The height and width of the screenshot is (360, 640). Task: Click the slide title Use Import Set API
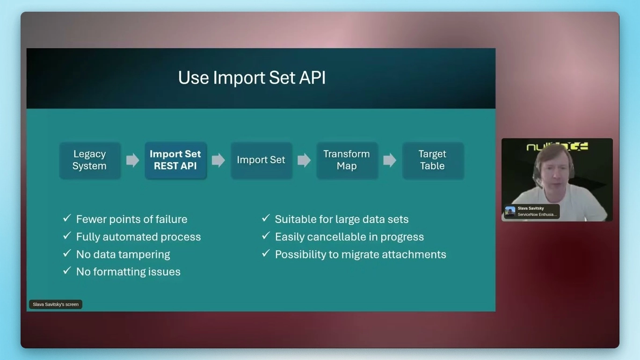[252, 78]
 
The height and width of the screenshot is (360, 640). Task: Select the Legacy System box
[89, 160]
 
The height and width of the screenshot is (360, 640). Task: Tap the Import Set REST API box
[175, 160]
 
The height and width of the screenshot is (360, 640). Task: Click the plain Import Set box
[261, 160]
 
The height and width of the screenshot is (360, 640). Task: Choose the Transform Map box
[347, 160]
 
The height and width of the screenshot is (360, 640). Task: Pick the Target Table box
[432, 160]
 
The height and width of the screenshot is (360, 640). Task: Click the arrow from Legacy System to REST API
[132, 160]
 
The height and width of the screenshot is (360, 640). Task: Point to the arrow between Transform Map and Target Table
[390, 160]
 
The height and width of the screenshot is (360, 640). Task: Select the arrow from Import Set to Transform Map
[304, 160]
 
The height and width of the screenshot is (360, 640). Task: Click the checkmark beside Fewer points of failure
[67, 218]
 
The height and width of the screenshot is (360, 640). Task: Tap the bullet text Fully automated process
[138, 237]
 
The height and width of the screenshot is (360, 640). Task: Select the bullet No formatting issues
[128, 272]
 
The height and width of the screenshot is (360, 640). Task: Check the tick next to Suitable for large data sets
[266, 218]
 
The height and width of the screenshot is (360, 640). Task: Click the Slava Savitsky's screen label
[56, 304]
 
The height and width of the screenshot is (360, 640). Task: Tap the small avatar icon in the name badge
[510, 211]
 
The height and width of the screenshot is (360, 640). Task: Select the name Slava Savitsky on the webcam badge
[531, 209]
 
